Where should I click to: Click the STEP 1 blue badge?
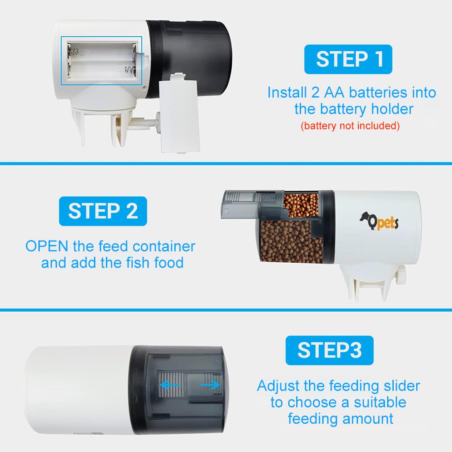[x=348, y=60]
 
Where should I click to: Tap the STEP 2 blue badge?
[x=103, y=211]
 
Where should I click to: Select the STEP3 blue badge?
[x=329, y=350]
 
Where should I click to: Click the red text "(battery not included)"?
[x=350, y=126]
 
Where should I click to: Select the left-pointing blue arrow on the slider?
[x=170, y=385]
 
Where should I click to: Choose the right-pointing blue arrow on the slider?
[x=210, y=385]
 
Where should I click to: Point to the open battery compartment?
[x=102, y=60]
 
